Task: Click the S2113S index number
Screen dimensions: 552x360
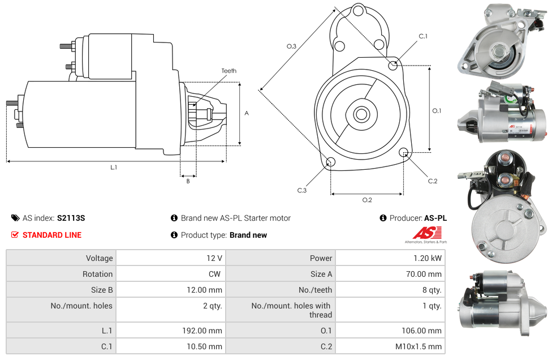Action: pos(71,218)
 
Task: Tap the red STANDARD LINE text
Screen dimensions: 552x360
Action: pos(52,235)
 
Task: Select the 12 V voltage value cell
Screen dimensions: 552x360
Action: pos(171,258)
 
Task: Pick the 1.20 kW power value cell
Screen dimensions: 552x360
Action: pos(390,258)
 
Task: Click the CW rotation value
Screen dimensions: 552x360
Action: pos(214,274)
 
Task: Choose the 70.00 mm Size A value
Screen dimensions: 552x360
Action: pos(424,274)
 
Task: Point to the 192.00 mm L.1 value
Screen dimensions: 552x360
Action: pos(202,331)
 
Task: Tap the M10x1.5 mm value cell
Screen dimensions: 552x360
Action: pos(390,346)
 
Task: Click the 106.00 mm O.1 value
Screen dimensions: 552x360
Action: pos(421,331)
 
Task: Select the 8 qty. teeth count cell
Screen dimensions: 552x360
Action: pos(390,290)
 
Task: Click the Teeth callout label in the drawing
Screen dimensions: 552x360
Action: pos(229,71)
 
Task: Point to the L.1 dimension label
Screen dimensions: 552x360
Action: pos(114,168)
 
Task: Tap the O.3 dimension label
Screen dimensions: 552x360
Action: pos(291,46)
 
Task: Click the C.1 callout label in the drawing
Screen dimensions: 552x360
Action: pos(423,36)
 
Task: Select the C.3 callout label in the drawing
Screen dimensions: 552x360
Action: pos(302,190)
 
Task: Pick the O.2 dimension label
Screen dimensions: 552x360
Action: pos(367,200)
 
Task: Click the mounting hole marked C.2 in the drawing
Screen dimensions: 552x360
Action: pos(403,152)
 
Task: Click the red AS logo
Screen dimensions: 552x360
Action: pos(427,233)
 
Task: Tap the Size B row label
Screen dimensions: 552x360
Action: pos(102,290)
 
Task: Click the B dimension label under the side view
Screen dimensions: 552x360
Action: pos(188,181)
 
